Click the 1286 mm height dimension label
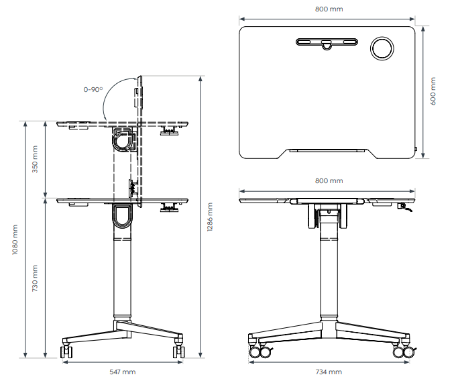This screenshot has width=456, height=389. click(x=210, y=217)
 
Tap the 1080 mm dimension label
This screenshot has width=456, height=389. click(x=15, y=239)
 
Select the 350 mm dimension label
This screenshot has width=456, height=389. click(x=35, y=159)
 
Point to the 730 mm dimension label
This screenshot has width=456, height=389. click(x=35, y=278)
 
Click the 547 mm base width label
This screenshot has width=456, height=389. click(x=123, y=372)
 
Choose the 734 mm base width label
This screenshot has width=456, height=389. click(x=329, y=372)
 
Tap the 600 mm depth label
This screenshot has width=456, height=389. click(x=433, y=91)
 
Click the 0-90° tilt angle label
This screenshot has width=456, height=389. click(x=93, y=90)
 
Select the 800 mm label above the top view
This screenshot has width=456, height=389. click(x=329, y=9)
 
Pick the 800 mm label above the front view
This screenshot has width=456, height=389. click(x=329, y=180)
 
